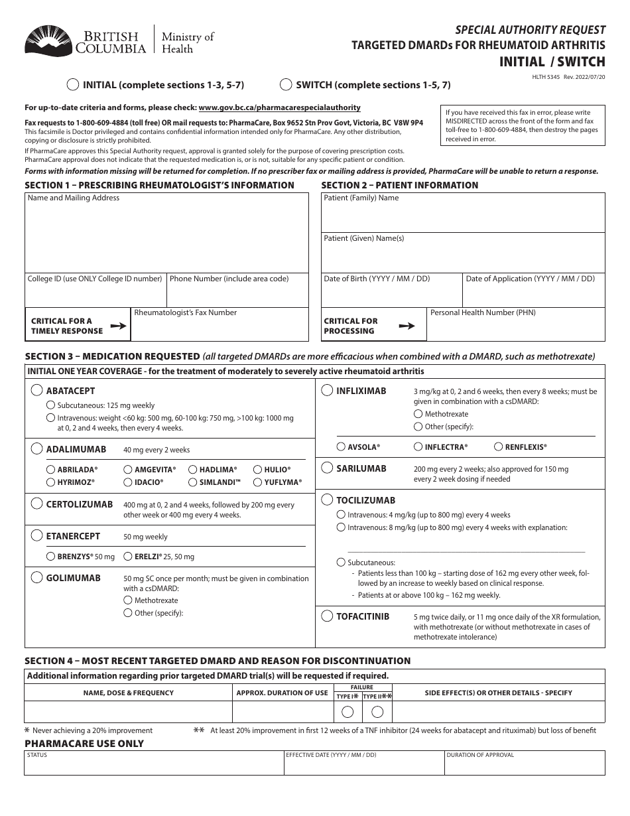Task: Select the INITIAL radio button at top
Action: (73, 85)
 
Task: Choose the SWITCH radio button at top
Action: (286, 85)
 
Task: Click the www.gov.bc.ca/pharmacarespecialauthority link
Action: (279, 107)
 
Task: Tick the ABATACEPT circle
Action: (37, 391)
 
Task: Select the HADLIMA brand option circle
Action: (193, 469)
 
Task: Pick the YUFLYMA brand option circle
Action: (258, 482)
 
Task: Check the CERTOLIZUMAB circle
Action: (37, 504)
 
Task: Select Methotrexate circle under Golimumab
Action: (128, 600)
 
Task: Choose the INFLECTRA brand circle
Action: (418, 447)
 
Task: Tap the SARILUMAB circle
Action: (327, 468)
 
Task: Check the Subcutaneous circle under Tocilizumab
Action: (341, 562)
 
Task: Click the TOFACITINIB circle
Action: (327, 616)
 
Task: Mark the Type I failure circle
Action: (347, 712)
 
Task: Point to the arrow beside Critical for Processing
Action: (407, 326)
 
